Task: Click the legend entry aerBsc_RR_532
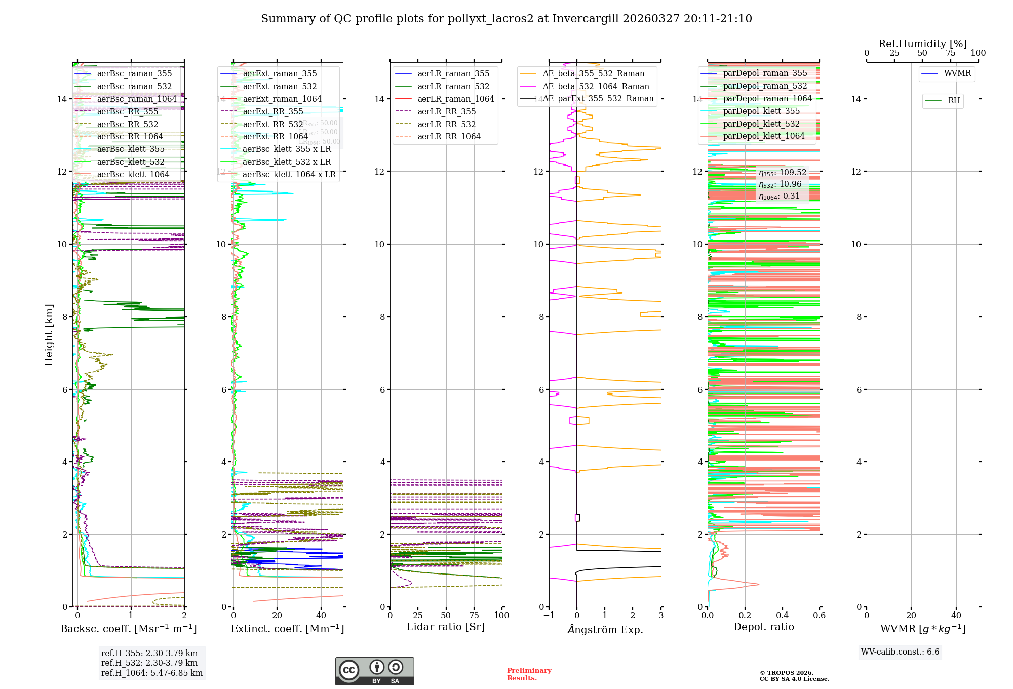(128, 124)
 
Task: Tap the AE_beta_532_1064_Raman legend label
(596, 86)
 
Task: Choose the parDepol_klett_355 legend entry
(761, 111)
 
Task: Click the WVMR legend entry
(957, 73)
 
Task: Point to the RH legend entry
(954, 101)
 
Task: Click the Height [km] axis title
(49, 334)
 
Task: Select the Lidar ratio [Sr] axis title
(446, 627)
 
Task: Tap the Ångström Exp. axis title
(605, 629)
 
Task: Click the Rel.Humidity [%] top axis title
(922, 44)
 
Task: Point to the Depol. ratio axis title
(764, 627)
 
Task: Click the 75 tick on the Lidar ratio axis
(474, 615)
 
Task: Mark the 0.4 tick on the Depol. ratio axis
(782, 615)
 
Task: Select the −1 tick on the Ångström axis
(549, 615)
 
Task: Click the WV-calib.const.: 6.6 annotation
(900, 652)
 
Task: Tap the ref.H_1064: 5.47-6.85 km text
(152, 673)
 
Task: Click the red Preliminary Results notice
(529, 674)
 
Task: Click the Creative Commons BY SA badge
(374, 671)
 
